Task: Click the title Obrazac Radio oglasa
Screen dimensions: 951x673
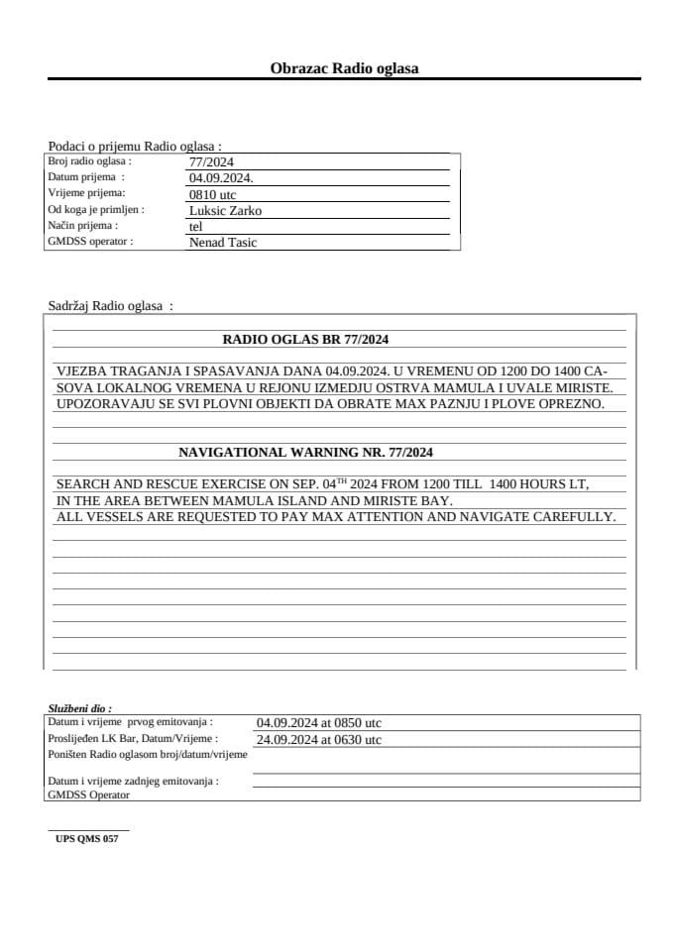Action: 344,68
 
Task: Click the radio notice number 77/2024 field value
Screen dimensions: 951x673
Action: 210,162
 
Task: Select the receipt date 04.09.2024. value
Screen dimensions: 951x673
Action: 221,178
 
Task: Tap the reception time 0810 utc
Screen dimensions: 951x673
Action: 212,194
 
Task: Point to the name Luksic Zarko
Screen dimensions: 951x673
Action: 225,210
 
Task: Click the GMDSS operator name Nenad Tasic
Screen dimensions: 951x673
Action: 222,242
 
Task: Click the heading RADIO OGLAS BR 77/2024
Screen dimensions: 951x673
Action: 305,339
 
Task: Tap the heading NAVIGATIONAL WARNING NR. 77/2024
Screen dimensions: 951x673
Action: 305,453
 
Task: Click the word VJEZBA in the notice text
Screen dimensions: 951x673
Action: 82,370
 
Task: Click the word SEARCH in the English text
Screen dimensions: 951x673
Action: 84,484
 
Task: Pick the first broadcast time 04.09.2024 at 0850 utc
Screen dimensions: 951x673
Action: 318,723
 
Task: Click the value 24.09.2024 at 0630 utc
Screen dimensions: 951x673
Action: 318,739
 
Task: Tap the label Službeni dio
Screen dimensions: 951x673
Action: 79,708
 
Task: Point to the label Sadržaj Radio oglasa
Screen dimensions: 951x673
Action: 110,306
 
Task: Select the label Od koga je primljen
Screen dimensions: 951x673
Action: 96,210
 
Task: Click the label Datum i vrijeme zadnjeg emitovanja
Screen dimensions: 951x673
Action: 133,781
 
